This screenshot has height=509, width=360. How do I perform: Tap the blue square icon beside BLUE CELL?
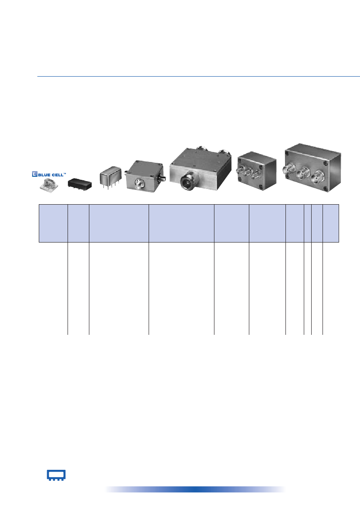pos(35,174)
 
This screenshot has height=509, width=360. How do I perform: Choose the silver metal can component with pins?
pos(110,177)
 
